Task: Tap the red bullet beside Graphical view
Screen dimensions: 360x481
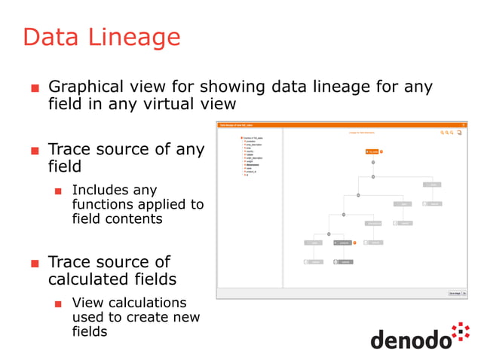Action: (34, 88)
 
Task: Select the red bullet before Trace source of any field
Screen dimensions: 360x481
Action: (34, 151)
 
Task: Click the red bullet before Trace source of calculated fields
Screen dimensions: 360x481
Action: (34, 264)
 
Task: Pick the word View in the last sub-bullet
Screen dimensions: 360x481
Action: (89, 303)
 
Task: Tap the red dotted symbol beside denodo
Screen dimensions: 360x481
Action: (461, 334)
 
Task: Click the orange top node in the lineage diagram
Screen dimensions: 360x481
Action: (372, 151)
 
